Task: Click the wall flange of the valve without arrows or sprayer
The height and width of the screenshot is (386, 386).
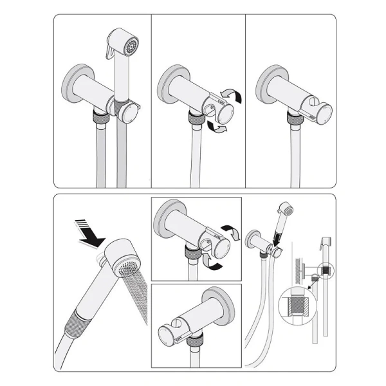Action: point(265,82)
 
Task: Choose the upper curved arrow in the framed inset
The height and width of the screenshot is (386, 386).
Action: point(232,232)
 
